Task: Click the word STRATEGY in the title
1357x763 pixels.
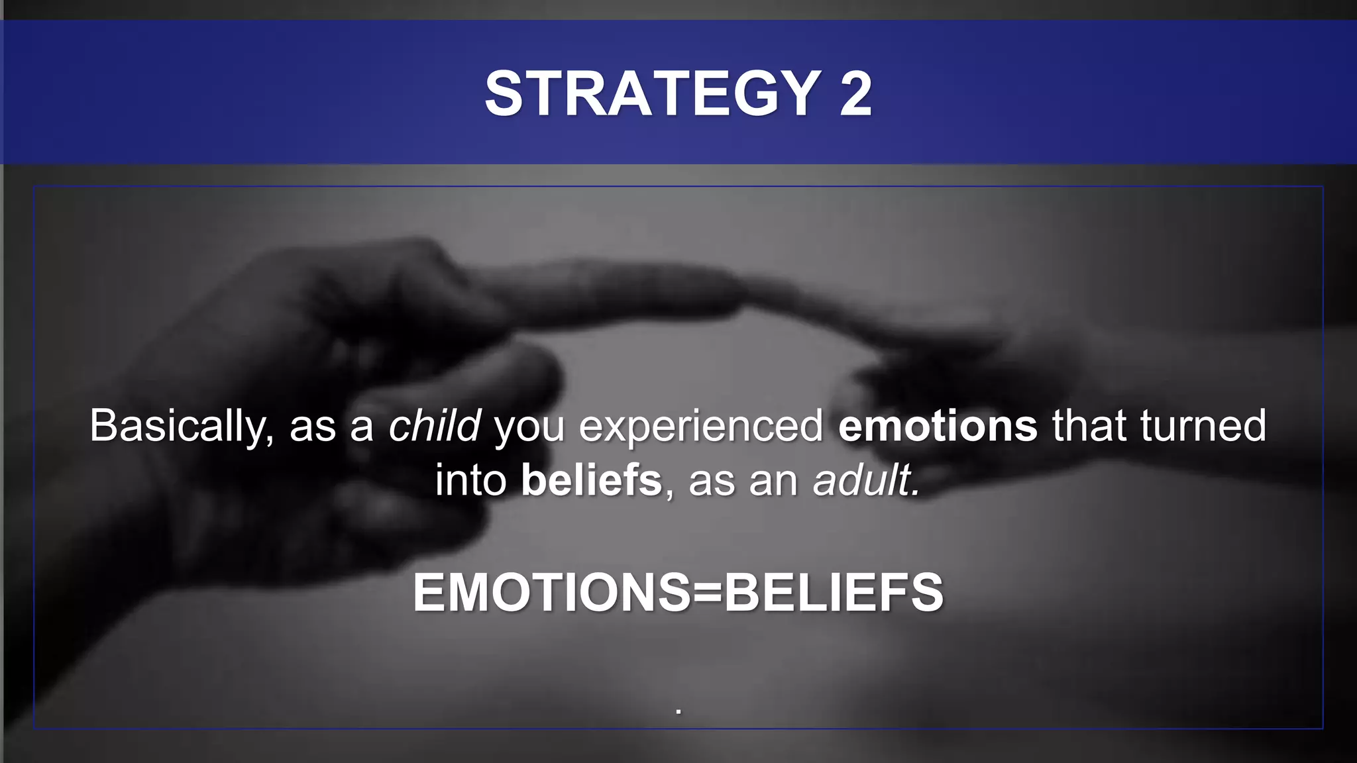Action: [653, 93]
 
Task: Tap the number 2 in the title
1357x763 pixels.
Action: [855, 93]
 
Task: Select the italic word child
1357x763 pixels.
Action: [434, 426]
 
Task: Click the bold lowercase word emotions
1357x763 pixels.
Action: [938, 426]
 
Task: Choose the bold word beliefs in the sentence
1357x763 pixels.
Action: [591, 480]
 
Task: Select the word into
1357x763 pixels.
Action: [470, 480]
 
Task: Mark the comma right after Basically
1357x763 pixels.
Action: [269, 440]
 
